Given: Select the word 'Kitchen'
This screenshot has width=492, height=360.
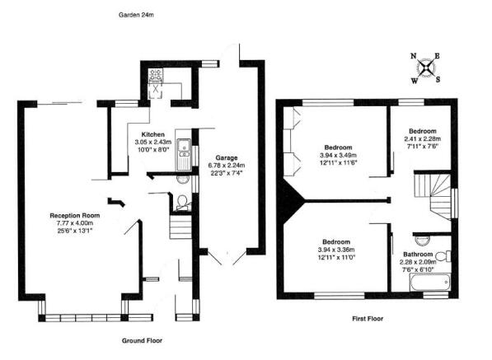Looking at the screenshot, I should point(153,134).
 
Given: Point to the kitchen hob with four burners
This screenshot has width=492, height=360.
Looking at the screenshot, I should point(156,76).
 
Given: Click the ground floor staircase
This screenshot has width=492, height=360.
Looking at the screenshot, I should point(180,225).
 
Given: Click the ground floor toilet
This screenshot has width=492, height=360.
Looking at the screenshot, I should point(182,202).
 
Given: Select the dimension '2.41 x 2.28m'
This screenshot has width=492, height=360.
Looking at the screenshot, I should point(424,139).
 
